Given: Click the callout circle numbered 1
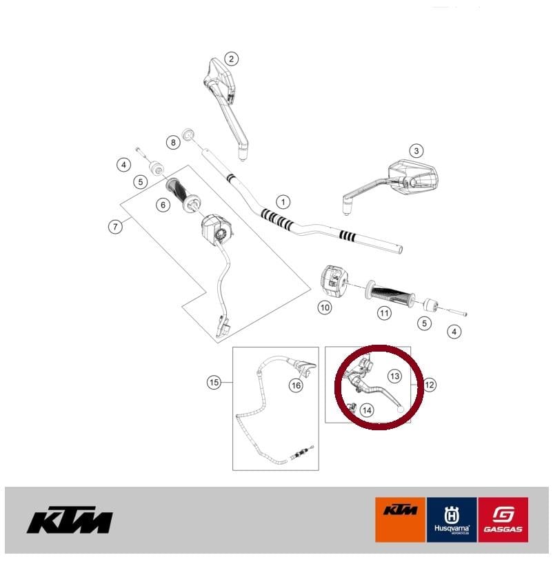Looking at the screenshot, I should [x=281, y=202].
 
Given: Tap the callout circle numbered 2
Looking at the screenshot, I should [x=232, y=59].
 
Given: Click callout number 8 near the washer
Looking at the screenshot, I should [x=172, y=143].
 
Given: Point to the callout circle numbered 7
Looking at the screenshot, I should [x=115, y=225].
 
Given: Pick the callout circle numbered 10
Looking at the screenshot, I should [x=325, y=308].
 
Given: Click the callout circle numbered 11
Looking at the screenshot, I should [x=384, y=312].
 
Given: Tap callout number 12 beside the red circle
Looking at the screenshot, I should [x=430, y=385].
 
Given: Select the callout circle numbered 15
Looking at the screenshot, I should [x=214, y=381].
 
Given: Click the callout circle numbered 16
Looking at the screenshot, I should [x=295, y=385].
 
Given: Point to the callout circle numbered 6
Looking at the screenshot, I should [x=163, y=205].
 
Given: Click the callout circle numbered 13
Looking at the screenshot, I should [x=394, y=376].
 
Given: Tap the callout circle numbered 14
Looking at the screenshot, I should [x=366, y=410].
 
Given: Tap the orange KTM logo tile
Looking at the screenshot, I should [x=401, y=519].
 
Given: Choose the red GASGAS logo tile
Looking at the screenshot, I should [x=503, y=519].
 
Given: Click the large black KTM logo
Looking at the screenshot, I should [x=70, y=521].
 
